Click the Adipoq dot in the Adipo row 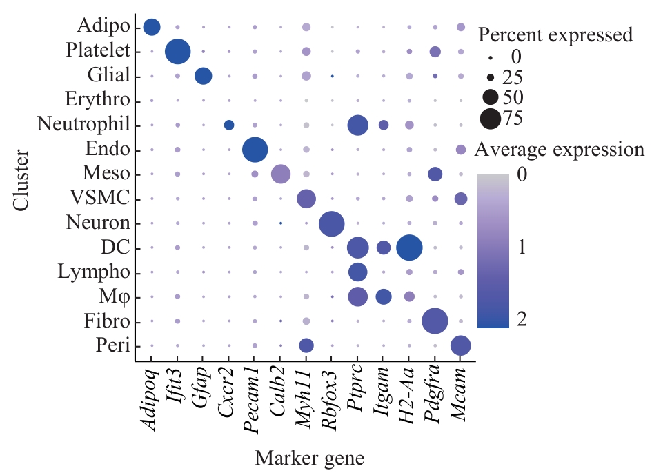152,27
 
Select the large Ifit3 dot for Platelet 178,51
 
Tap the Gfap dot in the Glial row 203,76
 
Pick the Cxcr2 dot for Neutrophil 229,125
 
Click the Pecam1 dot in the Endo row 255,149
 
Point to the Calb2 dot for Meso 280,174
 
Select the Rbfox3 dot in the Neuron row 331,223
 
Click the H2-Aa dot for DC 409,248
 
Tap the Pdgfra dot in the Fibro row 435,321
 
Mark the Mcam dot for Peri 460,346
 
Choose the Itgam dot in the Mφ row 384,296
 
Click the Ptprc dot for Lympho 357,272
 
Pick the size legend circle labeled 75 491,119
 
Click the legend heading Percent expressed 555,34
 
